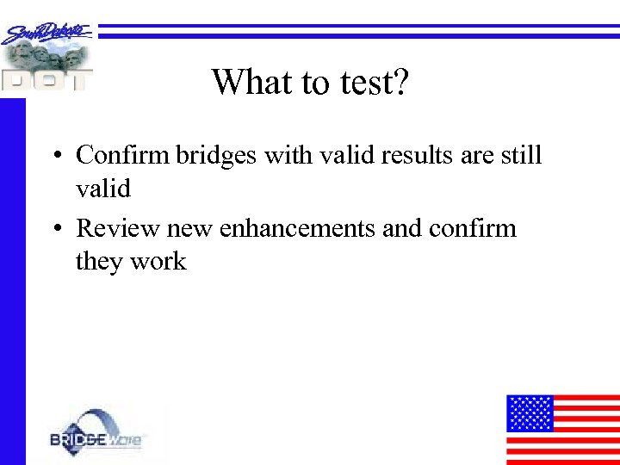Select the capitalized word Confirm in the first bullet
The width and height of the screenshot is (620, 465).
(x=123, y=155)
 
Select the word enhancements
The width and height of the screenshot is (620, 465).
(x=296, y=228)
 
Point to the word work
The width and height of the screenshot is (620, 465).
(x=158, y=261)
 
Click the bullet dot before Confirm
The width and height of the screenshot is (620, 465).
(x=54, y=157)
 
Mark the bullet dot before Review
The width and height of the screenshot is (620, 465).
(x=54, y=230)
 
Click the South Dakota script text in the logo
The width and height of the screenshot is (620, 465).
(x=47, y=33)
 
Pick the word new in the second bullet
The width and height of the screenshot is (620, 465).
(x=190, y=228)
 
